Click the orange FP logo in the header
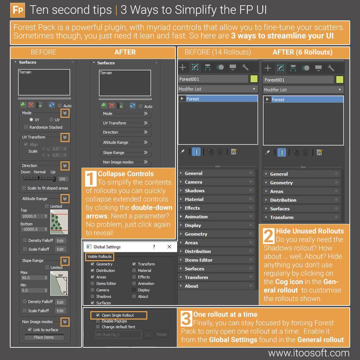[18, 10]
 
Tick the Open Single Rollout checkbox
[98, 315]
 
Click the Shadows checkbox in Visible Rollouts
[92, 296]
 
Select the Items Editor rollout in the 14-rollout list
[199, 260]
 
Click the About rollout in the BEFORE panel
[192, 286]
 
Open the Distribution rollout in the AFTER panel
[283, 200]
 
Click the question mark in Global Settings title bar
[154, 247]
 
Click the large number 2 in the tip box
[269, 236]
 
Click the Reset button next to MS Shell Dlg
[161, 335]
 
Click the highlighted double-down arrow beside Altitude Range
[65, 199]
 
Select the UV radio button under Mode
[52, 120]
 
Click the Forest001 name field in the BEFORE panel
[213, 79]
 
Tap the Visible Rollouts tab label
[99, 257]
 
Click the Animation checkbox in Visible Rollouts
[134, 284]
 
